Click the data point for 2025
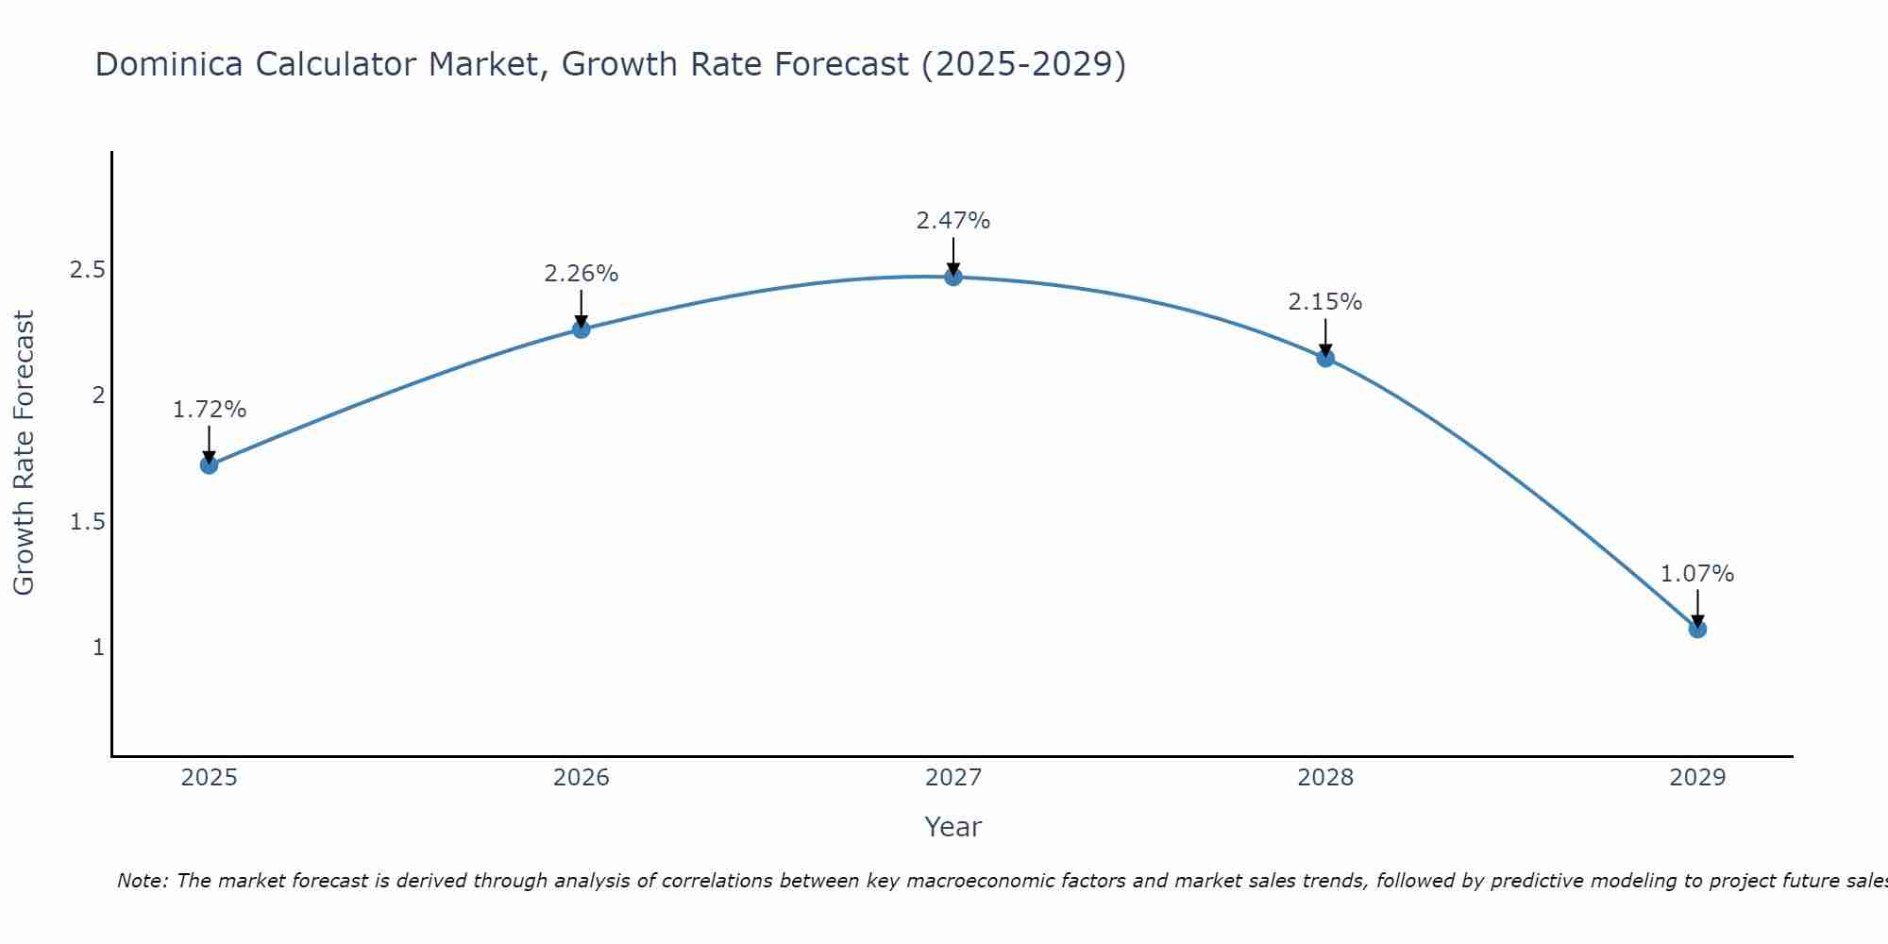(x=210, y=464)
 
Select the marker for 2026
(x=582, y=329)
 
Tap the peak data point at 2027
(x=953, y=277)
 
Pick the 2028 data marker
(x=1325, y=358)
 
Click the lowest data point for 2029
(x=1697, y=629)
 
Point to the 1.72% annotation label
(x=210, y=410)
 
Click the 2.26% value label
(x=582, y=274)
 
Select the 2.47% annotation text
(x=953, y=221)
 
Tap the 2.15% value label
(x=1325, y=302)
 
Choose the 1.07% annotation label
(x=1697, y=574)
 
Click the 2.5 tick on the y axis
(x=87, y=270)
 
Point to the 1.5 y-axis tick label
(x=87, y=522)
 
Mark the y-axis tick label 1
(x=97, y=648)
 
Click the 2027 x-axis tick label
(x=953, y=778)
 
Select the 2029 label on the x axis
(x=1697, y=778)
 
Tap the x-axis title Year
(x=953, y=827)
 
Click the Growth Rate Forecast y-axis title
(x=24, y=453)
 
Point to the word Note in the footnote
(x=141, y=881)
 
